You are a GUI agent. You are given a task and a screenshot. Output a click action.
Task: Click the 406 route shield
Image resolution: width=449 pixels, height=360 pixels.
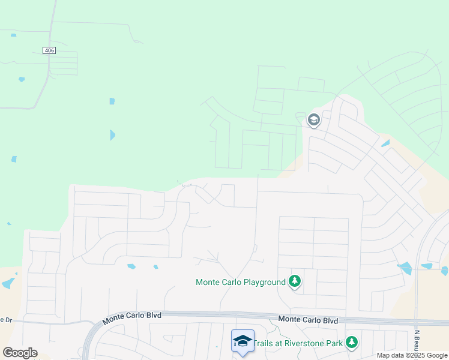coord(49,50)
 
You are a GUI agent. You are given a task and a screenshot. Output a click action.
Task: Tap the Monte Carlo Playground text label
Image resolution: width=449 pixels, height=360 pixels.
coord(241,282)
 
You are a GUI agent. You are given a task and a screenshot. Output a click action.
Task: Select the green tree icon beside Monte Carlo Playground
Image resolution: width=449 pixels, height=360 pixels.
coord(294,281)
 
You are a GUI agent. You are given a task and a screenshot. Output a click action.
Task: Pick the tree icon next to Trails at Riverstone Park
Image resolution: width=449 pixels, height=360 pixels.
coord(351,343)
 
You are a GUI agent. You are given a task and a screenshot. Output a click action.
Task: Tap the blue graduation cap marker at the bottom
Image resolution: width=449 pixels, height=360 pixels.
coord(243,341)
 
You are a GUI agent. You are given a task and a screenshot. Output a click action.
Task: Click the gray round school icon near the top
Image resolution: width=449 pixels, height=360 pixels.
coord(313,120)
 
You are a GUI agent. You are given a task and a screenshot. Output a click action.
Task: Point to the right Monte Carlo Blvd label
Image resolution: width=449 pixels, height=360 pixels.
coord(309,320)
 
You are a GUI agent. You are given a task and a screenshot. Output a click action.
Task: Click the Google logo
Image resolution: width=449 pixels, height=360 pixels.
coord(20,353)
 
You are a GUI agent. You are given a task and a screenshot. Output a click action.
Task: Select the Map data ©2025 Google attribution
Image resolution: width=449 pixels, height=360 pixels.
coord(412,355)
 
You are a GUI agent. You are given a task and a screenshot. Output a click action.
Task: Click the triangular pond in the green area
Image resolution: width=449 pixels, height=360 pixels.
coord(112,135)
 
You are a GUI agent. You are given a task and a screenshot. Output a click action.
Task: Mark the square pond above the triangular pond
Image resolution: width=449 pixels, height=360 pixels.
coord(112,101)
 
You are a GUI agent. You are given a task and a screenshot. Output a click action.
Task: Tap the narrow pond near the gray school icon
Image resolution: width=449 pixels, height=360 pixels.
coord(385,143)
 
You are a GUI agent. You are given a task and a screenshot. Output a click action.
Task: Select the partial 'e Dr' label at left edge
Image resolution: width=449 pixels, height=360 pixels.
coord(6,320)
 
